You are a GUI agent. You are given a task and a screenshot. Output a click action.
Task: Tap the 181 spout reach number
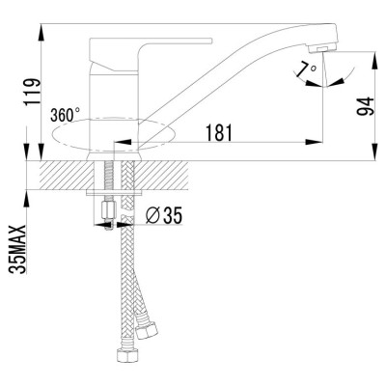click(x=220, y=133)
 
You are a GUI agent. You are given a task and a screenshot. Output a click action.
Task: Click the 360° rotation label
click(x=65, y=114)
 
